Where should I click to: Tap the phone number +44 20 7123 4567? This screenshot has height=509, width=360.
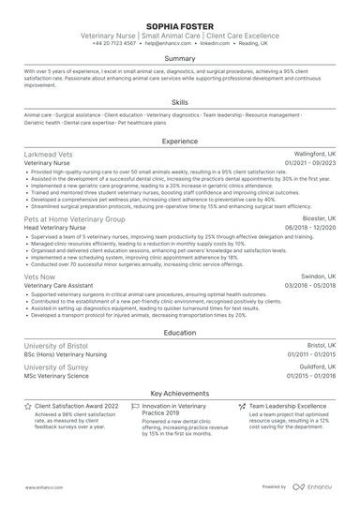(115, 43)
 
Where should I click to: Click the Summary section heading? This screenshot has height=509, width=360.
(180, 58)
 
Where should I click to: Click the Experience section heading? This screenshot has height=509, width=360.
(180, 141)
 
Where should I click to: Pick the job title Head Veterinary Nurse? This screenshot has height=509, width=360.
(56, 228)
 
